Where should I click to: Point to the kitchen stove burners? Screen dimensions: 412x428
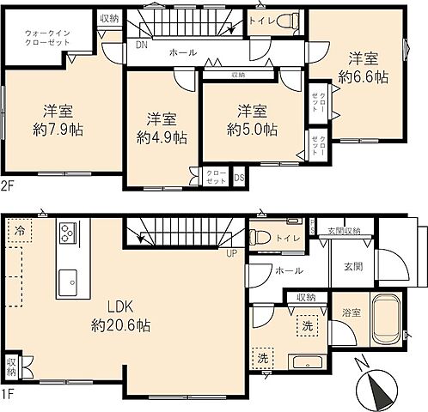tap(67, 233)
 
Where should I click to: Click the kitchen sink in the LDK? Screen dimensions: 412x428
tap(66, 280)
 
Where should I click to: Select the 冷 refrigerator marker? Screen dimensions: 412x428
tap(20, 231)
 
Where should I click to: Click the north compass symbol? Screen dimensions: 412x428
tap(377, 387)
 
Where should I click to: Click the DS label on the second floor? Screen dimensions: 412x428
tap(239, 179)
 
